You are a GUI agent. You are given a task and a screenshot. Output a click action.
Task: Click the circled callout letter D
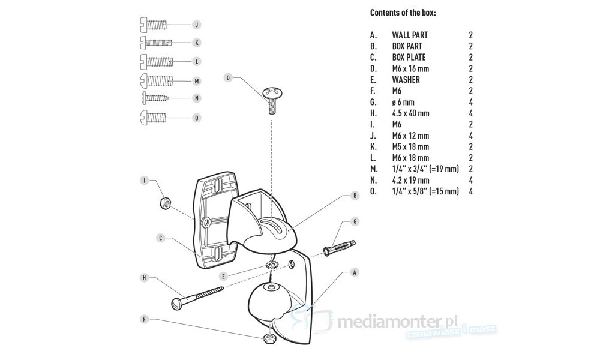click(229, 78)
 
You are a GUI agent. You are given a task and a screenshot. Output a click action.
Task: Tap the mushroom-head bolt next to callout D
click(272, 98)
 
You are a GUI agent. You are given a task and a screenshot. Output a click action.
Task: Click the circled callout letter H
click(144, 278)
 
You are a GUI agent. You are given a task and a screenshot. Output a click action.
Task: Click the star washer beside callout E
click(271, 265)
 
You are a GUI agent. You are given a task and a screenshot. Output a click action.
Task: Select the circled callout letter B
click(355, 196)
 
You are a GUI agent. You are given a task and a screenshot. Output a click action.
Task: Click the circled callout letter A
click(355, 272)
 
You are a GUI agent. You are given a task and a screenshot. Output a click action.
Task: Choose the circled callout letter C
click(161, 238)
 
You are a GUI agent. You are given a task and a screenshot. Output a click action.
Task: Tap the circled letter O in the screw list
click(196, 118)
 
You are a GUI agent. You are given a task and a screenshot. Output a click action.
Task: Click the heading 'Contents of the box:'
click(403, 13)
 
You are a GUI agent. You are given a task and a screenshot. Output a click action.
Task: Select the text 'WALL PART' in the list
click(410, 35)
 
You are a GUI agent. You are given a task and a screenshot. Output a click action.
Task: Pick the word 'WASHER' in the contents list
click(406, 80)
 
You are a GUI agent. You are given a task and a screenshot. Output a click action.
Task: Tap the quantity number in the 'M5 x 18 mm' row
click(471, 146)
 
